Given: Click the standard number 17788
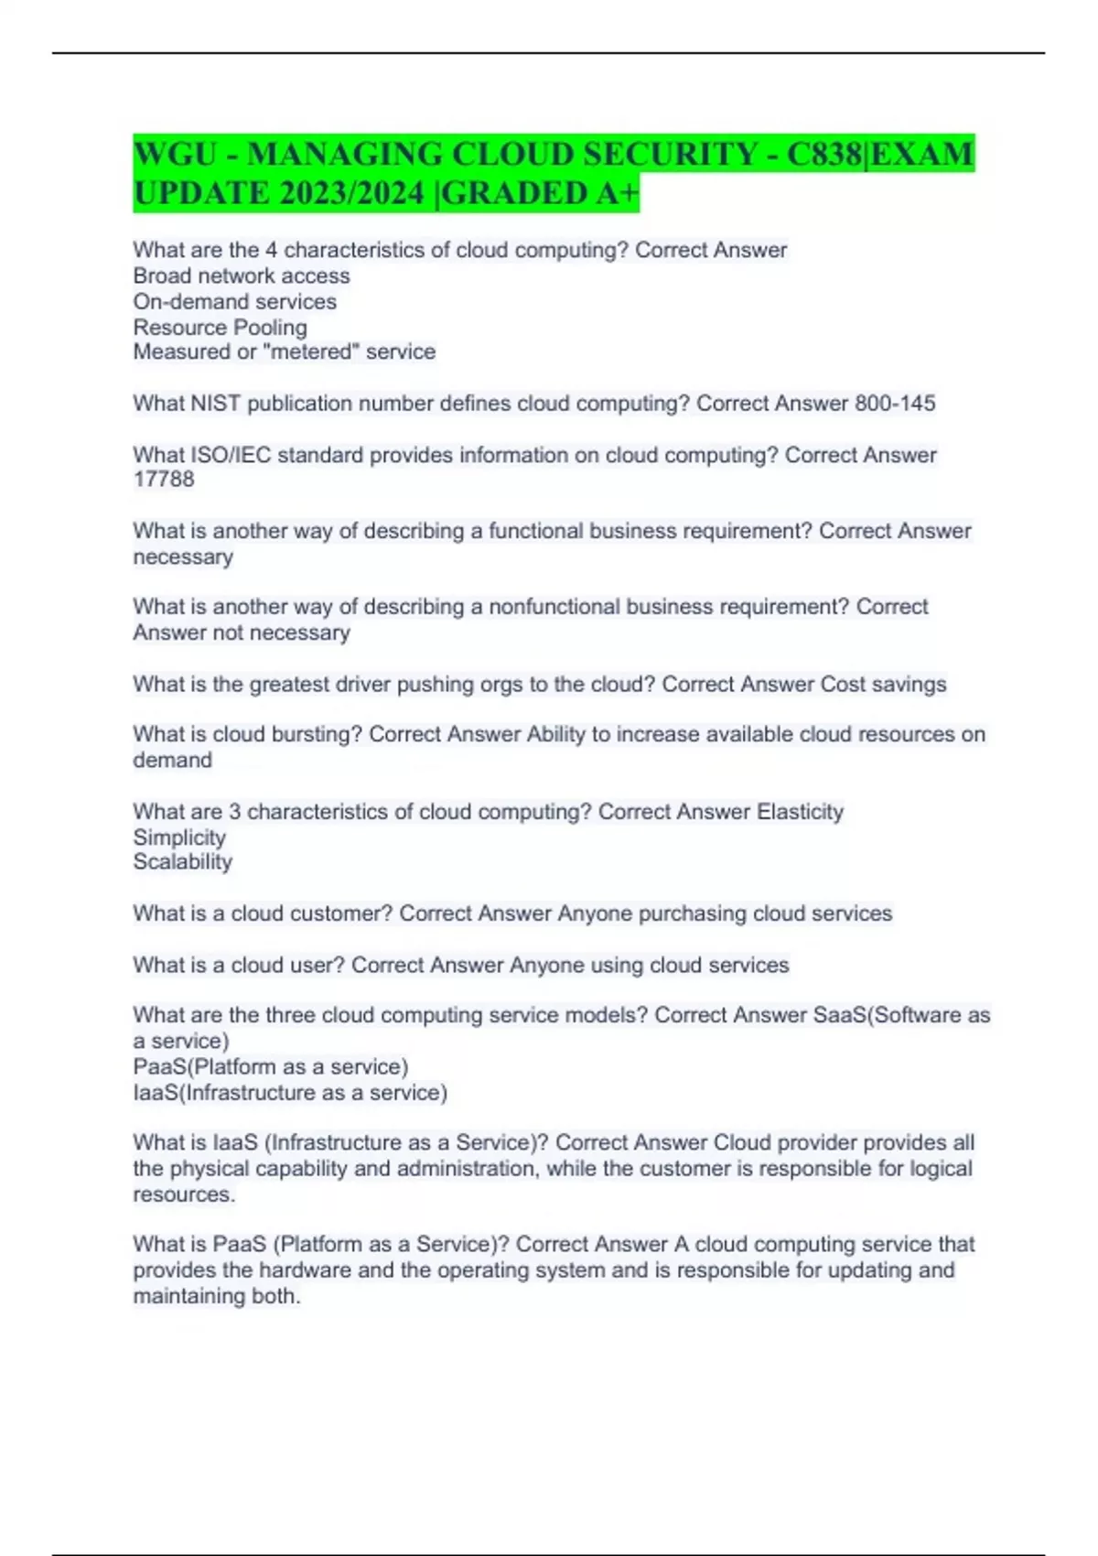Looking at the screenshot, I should pyautogui.click(x=164, y=480).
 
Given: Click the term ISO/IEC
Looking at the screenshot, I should pyautogui.click(x=231, y=455).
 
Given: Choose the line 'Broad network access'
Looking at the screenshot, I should pyautogui.click(x=242, y=276).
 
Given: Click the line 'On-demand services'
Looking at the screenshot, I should pyautogui.click(x=235, y=302).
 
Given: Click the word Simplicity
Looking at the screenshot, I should pyautogui.click(x=179, y=837).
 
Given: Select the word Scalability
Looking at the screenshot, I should pyautogui.click(x=183, y=862).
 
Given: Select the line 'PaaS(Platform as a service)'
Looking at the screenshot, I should pyautogui.click(x=271, y=1067).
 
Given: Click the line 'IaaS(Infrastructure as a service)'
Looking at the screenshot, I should pyautogui.click(x=290, y=1093).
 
